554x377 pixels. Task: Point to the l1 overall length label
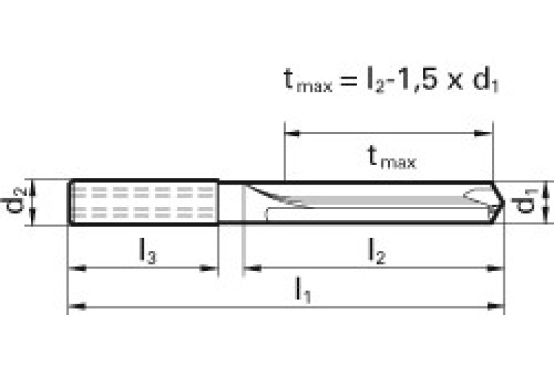[x=302, y=290]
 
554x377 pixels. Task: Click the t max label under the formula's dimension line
[x=391, y=156]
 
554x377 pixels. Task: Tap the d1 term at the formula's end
[x=485, y=81]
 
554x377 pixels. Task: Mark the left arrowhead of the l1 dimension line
[x=75, y=306]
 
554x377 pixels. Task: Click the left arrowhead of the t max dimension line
[x=293, y=133]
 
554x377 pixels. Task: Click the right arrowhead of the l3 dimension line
[x=211, y=269]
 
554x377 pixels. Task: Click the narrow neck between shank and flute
[x=231, y=203]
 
